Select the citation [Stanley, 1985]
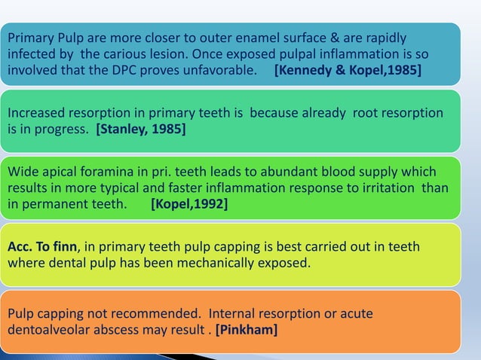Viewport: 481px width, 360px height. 140,130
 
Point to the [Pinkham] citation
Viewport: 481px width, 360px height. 246,329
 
